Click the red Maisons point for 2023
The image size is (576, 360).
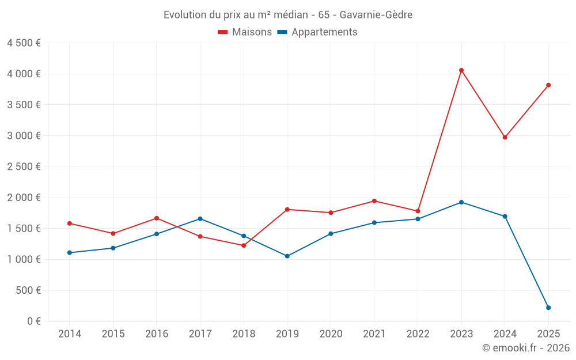coord(461,70)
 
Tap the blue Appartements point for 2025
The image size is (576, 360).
coord(548,308)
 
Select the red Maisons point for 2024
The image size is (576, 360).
coord(505,137)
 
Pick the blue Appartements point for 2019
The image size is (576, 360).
coord(287,256)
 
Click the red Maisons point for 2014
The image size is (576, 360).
coord(70,223)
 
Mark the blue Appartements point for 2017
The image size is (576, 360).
coord(200,219)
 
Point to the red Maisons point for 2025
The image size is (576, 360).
coord(548,85)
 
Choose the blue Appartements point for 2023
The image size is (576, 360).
coord(461,202)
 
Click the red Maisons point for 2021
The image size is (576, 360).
coord(374,201)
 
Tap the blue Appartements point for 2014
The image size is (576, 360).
coord(70,253)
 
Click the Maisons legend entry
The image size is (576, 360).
coord(245,32)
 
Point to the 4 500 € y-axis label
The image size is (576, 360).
coord(24,43)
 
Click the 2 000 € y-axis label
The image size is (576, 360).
coord(24,198)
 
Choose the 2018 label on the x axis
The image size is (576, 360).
coord(244,334)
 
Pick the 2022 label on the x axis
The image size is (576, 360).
coord(418,334)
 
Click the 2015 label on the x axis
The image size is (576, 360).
coord(113,334)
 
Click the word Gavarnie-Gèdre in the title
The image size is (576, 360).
coord(376,15)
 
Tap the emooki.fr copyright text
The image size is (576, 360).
coord(526,348)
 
